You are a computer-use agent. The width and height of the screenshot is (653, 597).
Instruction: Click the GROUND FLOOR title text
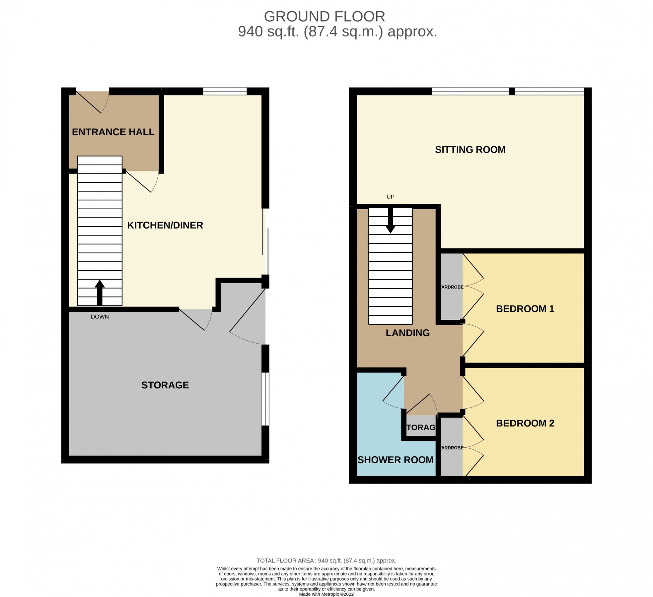(x=324, y=17)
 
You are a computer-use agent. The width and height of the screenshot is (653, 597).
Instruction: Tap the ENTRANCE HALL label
(x=113, y=132)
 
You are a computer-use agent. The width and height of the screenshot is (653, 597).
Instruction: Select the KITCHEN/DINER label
(x=165, y=225)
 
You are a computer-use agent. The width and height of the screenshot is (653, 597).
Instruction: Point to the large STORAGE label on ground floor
(x=165, y=385)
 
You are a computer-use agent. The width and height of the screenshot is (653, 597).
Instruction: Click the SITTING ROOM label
(x=470, y=150)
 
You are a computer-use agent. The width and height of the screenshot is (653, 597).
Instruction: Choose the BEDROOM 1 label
(x=525, y=309)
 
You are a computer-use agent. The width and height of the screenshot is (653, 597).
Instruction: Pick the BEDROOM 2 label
(x=525, y=423)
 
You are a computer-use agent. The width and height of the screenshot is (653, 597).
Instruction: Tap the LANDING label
(x=407, y=333)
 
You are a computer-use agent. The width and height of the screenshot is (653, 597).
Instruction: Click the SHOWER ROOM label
(x=395, y=460)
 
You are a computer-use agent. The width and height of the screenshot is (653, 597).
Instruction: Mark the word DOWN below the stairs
(x=100, y=317)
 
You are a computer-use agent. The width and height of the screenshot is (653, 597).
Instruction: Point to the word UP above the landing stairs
(x=390, y=197)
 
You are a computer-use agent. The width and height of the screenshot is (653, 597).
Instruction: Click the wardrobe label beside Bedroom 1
(x=452, y=287)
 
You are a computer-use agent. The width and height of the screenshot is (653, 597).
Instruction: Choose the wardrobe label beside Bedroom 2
(x=452, y=448)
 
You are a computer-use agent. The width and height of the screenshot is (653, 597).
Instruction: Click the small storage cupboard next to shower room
(x=421, y=427)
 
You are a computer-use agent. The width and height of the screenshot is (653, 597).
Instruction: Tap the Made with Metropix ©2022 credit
(x=326, y=594)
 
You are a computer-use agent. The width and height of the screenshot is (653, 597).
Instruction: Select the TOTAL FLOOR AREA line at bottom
(x=326, y=561)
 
